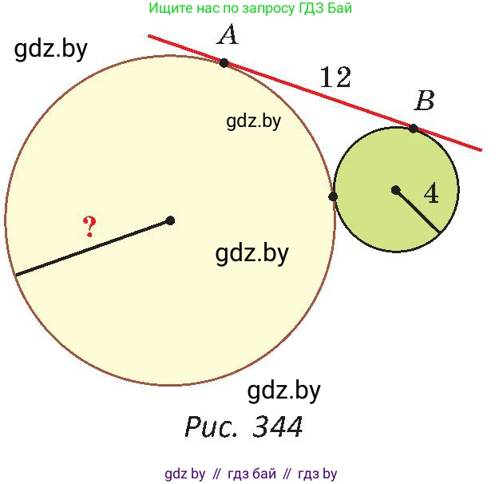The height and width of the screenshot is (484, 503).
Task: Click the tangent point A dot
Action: coord(224,62)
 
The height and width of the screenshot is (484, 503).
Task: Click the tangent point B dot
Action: coord(414,129)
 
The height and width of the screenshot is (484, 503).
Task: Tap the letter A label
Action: coord(228,35)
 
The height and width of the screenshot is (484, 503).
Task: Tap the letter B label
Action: coord(425,101)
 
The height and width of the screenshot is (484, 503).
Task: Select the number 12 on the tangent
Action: coord(335,77)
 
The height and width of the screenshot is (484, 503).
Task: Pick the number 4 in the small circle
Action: coord(431,193)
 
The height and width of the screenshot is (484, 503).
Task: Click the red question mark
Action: coord(89,226)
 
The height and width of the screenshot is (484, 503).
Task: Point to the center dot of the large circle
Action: coord(170,220)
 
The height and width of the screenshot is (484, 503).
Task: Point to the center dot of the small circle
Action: coord(395,190)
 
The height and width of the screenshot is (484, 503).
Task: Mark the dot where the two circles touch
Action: coord(333,196)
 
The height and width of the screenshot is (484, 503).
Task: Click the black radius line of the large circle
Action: coord(93,248)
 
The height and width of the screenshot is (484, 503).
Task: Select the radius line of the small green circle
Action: coord(418,211)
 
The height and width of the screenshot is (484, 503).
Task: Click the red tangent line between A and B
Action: coord(319,96)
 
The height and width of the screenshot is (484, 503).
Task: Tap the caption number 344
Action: coord(278,426)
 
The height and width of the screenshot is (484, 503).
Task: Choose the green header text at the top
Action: coord(250,8)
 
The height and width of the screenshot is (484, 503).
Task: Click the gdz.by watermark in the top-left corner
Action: coord(50,50)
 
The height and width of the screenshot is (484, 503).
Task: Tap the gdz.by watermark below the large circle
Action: coord(284,391)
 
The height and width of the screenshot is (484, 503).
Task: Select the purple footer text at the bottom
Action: coord(251,474)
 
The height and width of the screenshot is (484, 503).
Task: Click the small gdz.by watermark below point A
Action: coord(253,121)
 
